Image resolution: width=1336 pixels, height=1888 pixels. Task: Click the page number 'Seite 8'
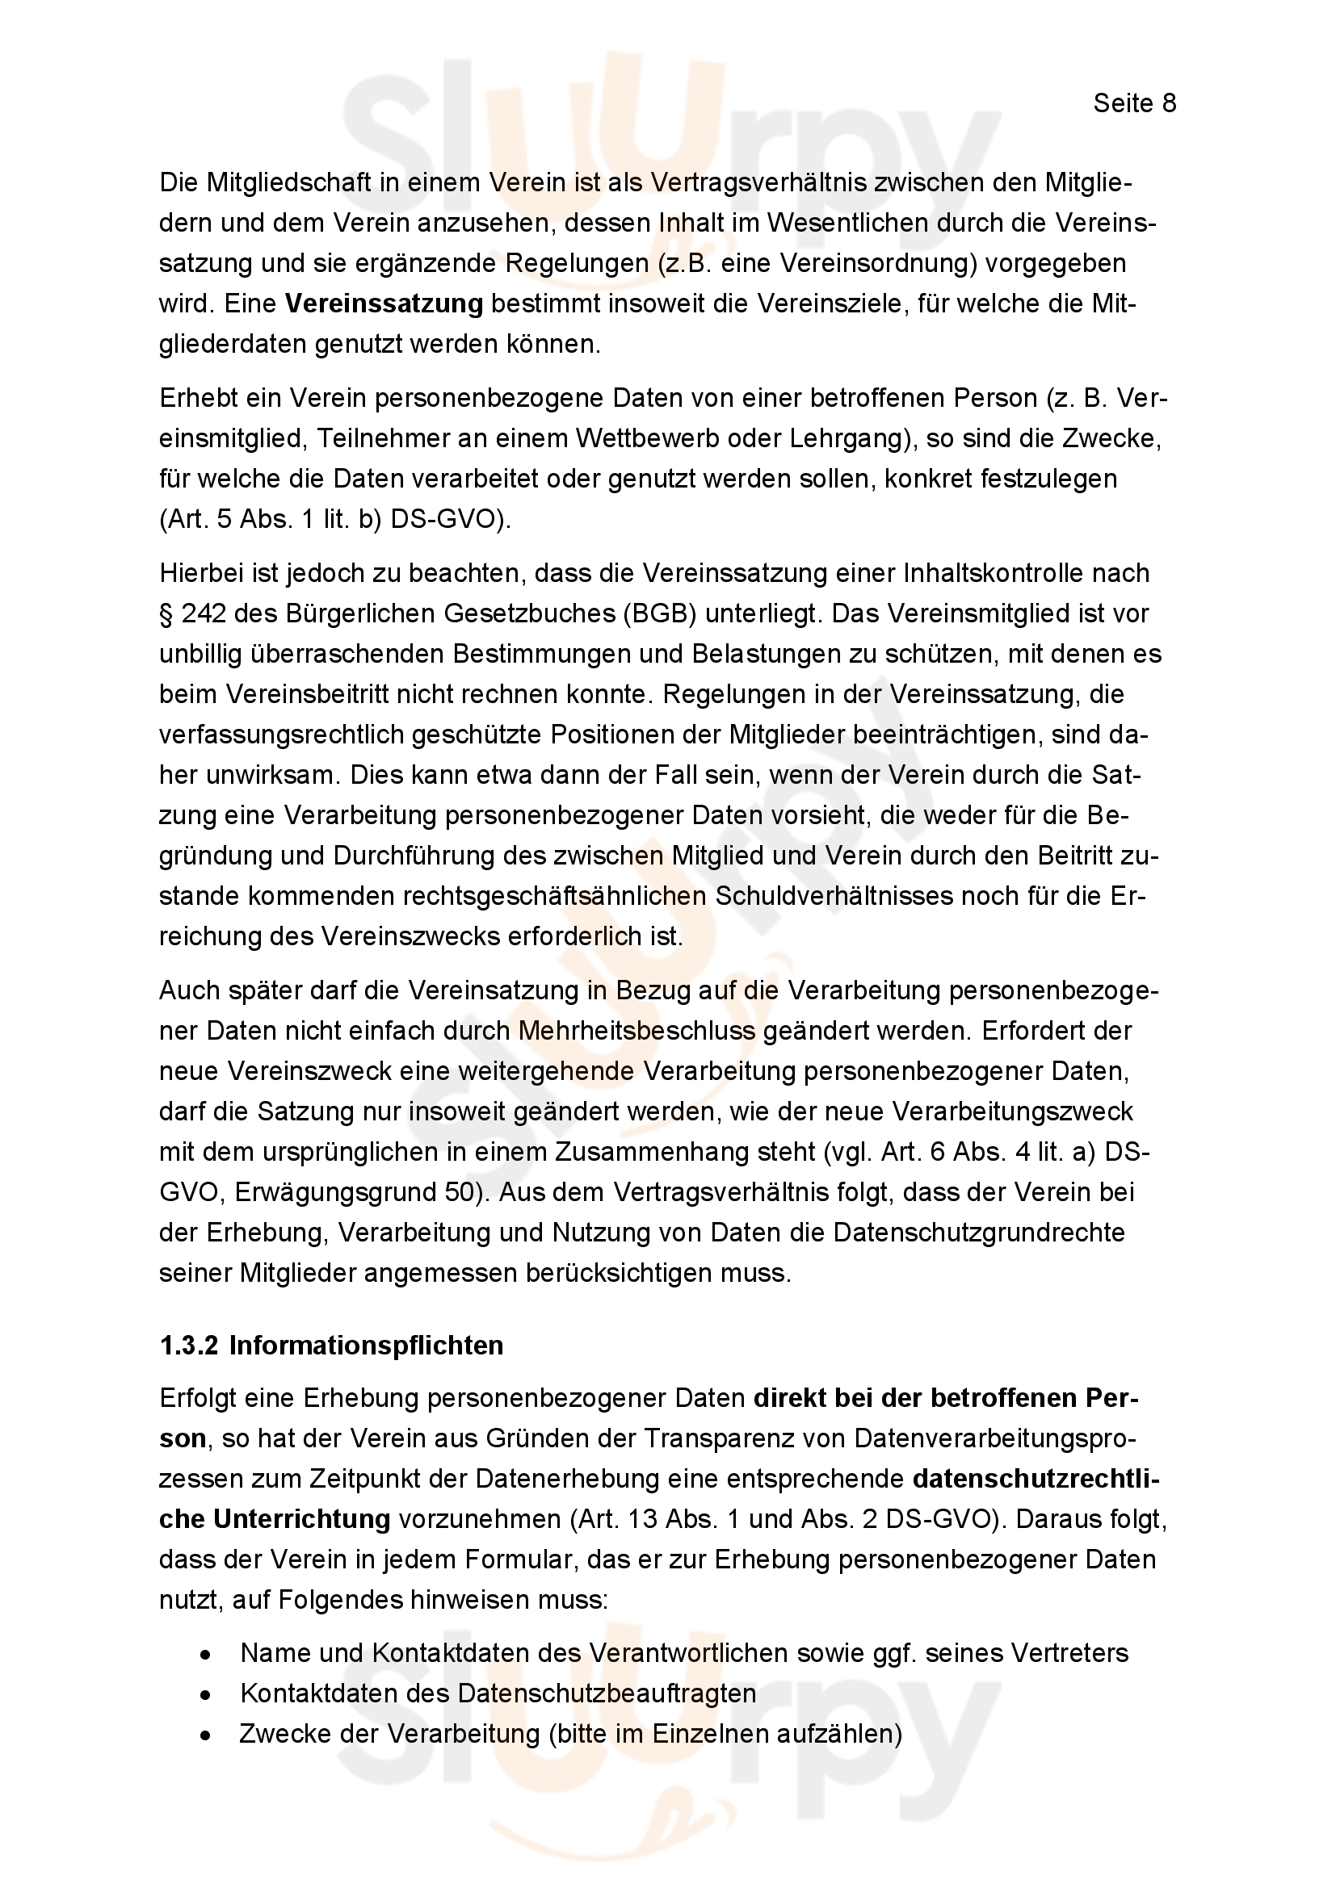click(1134, 103)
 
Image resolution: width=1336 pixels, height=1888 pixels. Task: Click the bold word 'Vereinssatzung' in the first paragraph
click(384, 304)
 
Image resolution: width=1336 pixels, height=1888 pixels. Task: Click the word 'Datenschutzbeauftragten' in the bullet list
click(607, 1694)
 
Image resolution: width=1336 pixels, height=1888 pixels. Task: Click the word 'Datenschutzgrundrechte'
click(979, 1233)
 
